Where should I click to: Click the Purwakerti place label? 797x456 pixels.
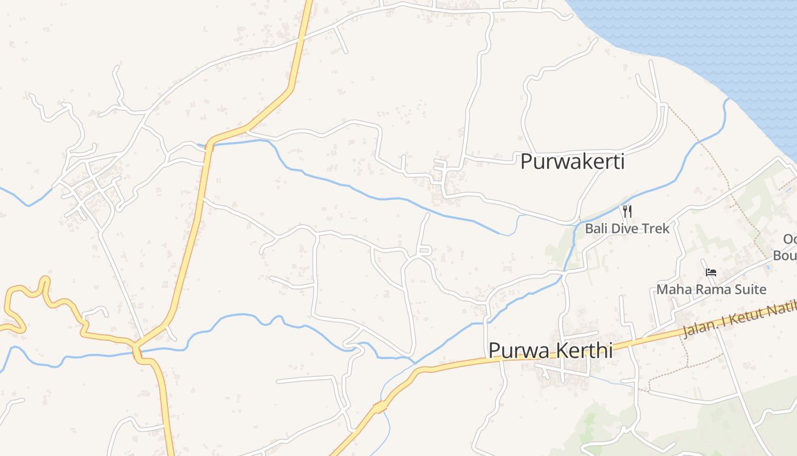click(x=572, y=162)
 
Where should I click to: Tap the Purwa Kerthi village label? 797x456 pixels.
click(x=550, y=351)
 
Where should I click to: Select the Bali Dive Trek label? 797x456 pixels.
click(x=627, y=229)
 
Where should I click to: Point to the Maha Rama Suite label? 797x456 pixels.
click(x=711, y=290)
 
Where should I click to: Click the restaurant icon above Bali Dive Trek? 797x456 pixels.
click(x=627, y=211)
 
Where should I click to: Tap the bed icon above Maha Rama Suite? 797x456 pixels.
click(x=710, y=272)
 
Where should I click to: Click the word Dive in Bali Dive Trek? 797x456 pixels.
click(x=625, y=229)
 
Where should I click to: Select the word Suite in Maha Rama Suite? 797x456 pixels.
click(x=750, y=290)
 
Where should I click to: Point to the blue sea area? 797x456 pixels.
click(x=712, y=40)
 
